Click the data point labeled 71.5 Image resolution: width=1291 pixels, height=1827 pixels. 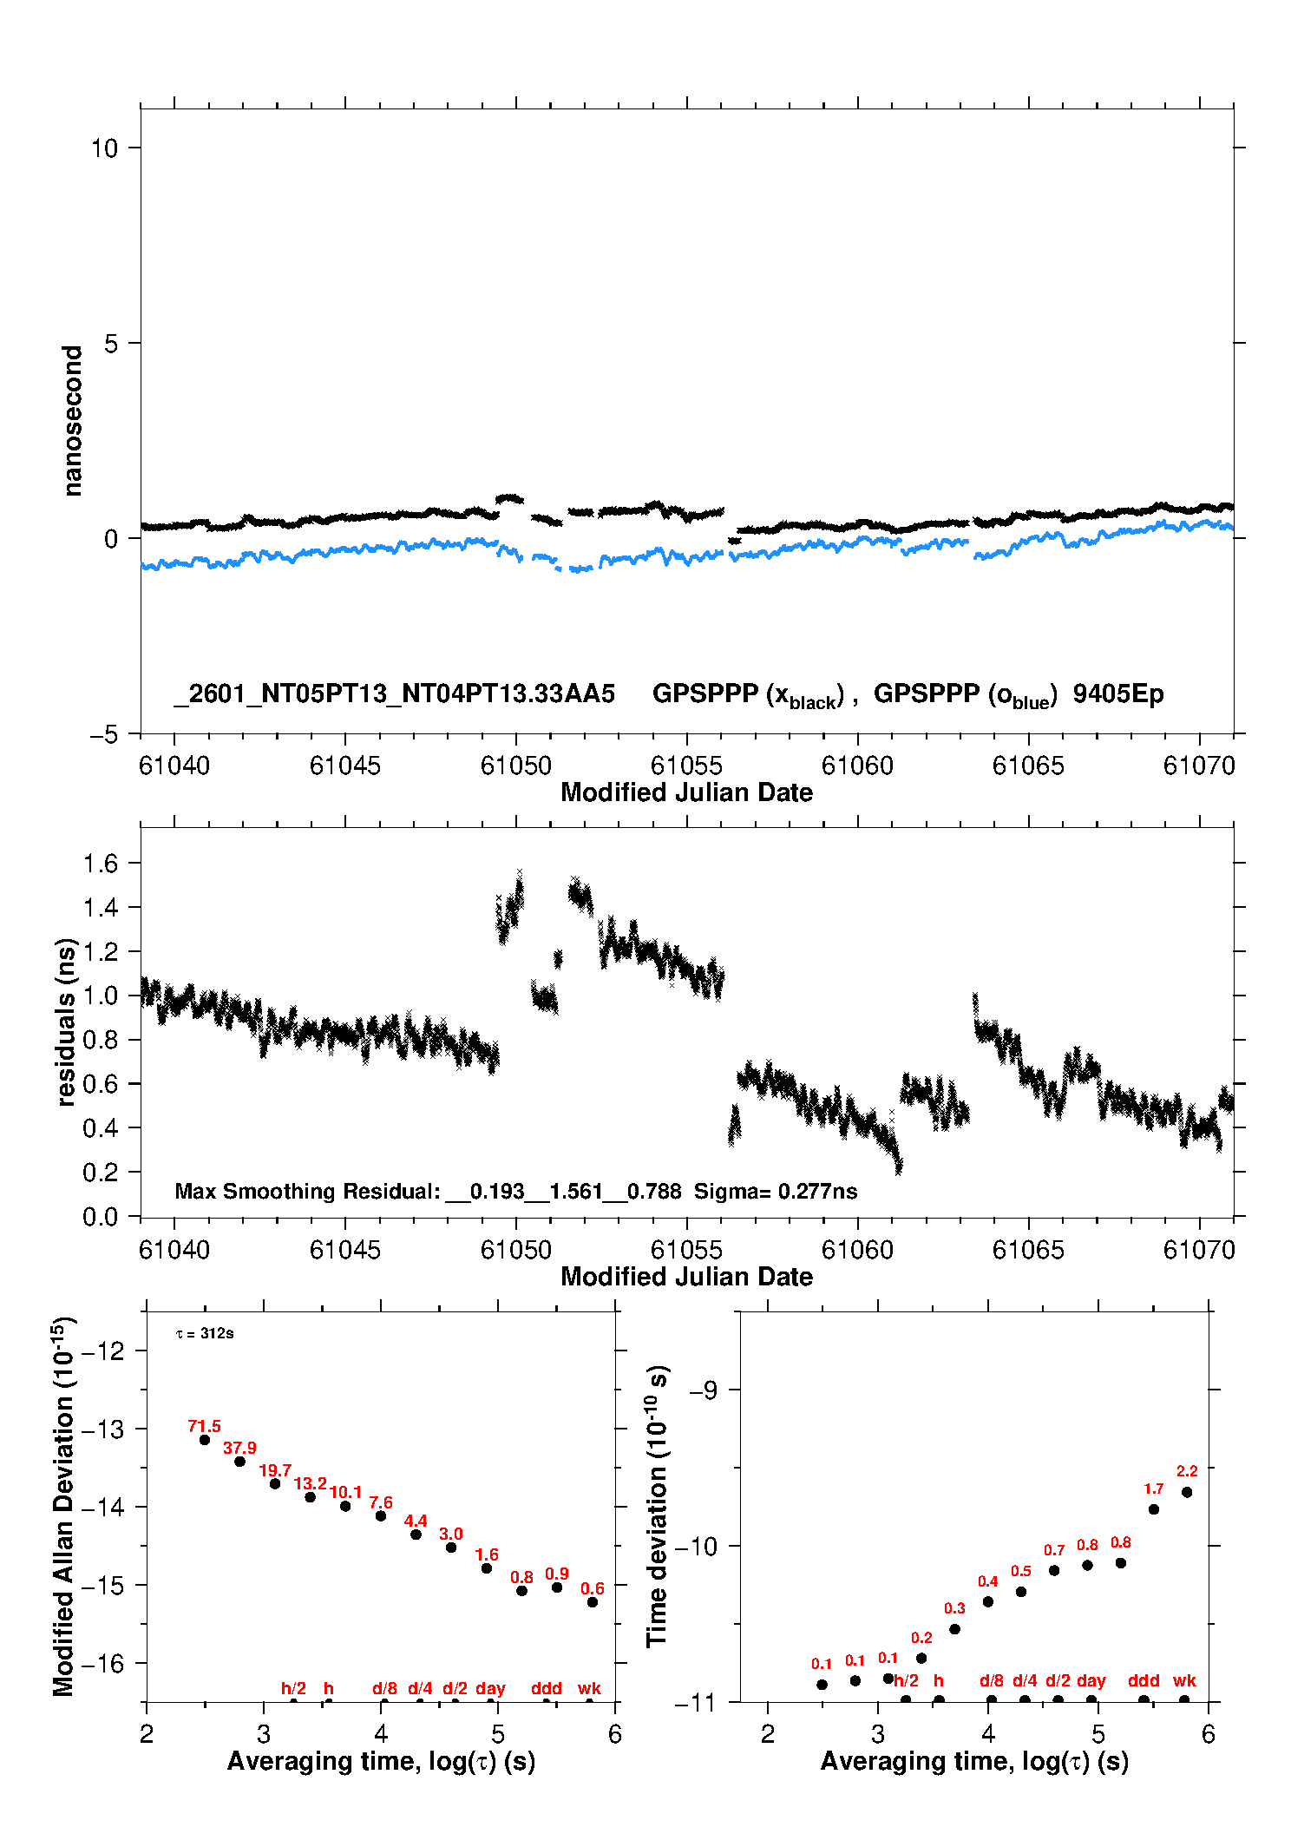pos(205,1440)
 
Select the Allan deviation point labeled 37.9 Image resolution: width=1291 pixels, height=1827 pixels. pos(239,1462)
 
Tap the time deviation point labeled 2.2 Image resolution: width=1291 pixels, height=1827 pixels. pos(1187,1492)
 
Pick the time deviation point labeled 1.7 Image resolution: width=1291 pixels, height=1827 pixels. pos(1154,1509)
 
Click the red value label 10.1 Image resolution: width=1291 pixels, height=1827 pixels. pos(345,1492)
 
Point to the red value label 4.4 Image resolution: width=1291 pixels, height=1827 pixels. pos(416,1521)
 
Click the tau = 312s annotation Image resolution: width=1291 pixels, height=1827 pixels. pos(205,1333)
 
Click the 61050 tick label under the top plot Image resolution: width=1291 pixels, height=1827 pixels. pos(516,766)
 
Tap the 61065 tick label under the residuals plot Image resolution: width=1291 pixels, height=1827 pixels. pos(1028,1250)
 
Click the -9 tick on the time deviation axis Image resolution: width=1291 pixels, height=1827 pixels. pos(704,1390)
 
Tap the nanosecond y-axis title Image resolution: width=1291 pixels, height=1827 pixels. pos(72,421)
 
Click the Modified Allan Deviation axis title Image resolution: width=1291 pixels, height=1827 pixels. pos(63,1506)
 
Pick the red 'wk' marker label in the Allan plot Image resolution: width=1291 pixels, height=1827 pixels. pos(589,1688)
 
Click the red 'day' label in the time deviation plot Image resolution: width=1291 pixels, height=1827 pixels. pos(1091,1680)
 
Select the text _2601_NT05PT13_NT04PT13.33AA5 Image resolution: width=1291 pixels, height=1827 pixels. pos(395,693)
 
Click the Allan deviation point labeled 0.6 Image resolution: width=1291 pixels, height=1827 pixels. pos(593,1602)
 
